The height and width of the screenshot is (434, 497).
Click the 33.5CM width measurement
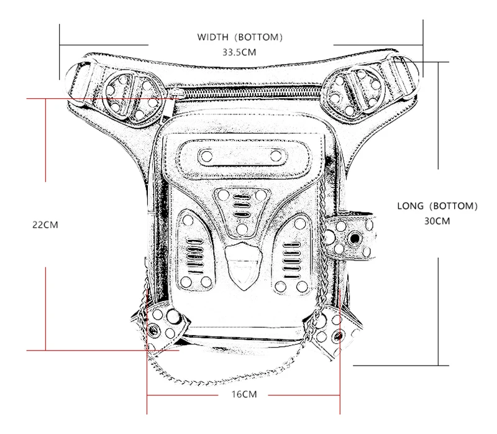click(x=239, y=53)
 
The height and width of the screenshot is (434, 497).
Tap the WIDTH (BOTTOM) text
click(x=240, y=37)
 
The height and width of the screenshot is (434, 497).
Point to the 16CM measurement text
click(x=242, y=395)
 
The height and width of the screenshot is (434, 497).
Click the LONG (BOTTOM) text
click(x=438, y=206)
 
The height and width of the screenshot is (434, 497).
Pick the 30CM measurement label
click(x=438, y=221)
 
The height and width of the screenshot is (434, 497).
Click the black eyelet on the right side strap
click(x=355, y=239)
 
